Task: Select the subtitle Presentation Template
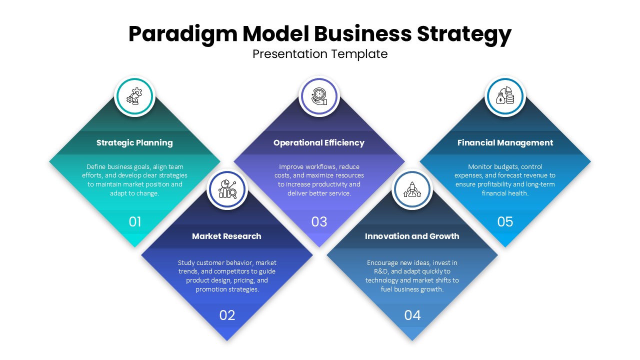click(x=320, y=54)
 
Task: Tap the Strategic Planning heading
click(x=134, y=142)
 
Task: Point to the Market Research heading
click(x=226, y=236)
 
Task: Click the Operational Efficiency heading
click(x=319, y=142)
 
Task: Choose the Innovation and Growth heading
click(x=412, y=236)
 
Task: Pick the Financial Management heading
click(x=505, y=142)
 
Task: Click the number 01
click(x=135, y=221)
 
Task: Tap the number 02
click(x=227, y=315)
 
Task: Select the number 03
click(x=319, y=221)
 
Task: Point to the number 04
click(x=412, y=315)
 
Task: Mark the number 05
click(x=505, y=221)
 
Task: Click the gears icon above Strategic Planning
click(x=134, y=96)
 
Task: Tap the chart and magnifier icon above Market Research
click(x=227, y=189)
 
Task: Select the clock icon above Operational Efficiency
click(x=319, y=96)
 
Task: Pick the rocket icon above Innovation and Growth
click(x=412, y=189)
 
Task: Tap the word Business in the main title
click(x=363, y=34)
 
